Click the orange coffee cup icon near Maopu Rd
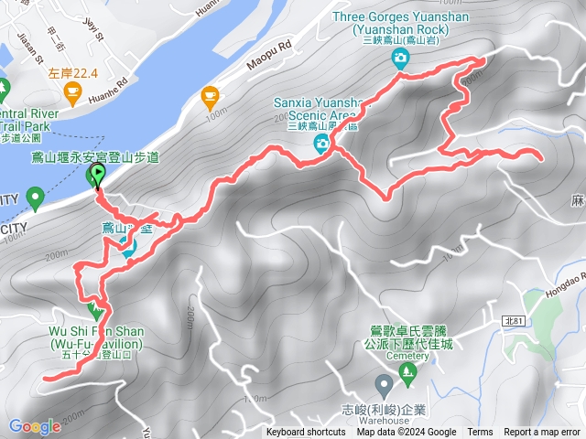[x=211, y=94]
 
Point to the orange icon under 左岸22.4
[x=72, y=91]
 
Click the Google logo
[x=35, y=426]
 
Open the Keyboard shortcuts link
[x=306, y=433]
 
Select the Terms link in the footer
[x=480, y=433]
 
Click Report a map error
[x=542, y=433]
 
